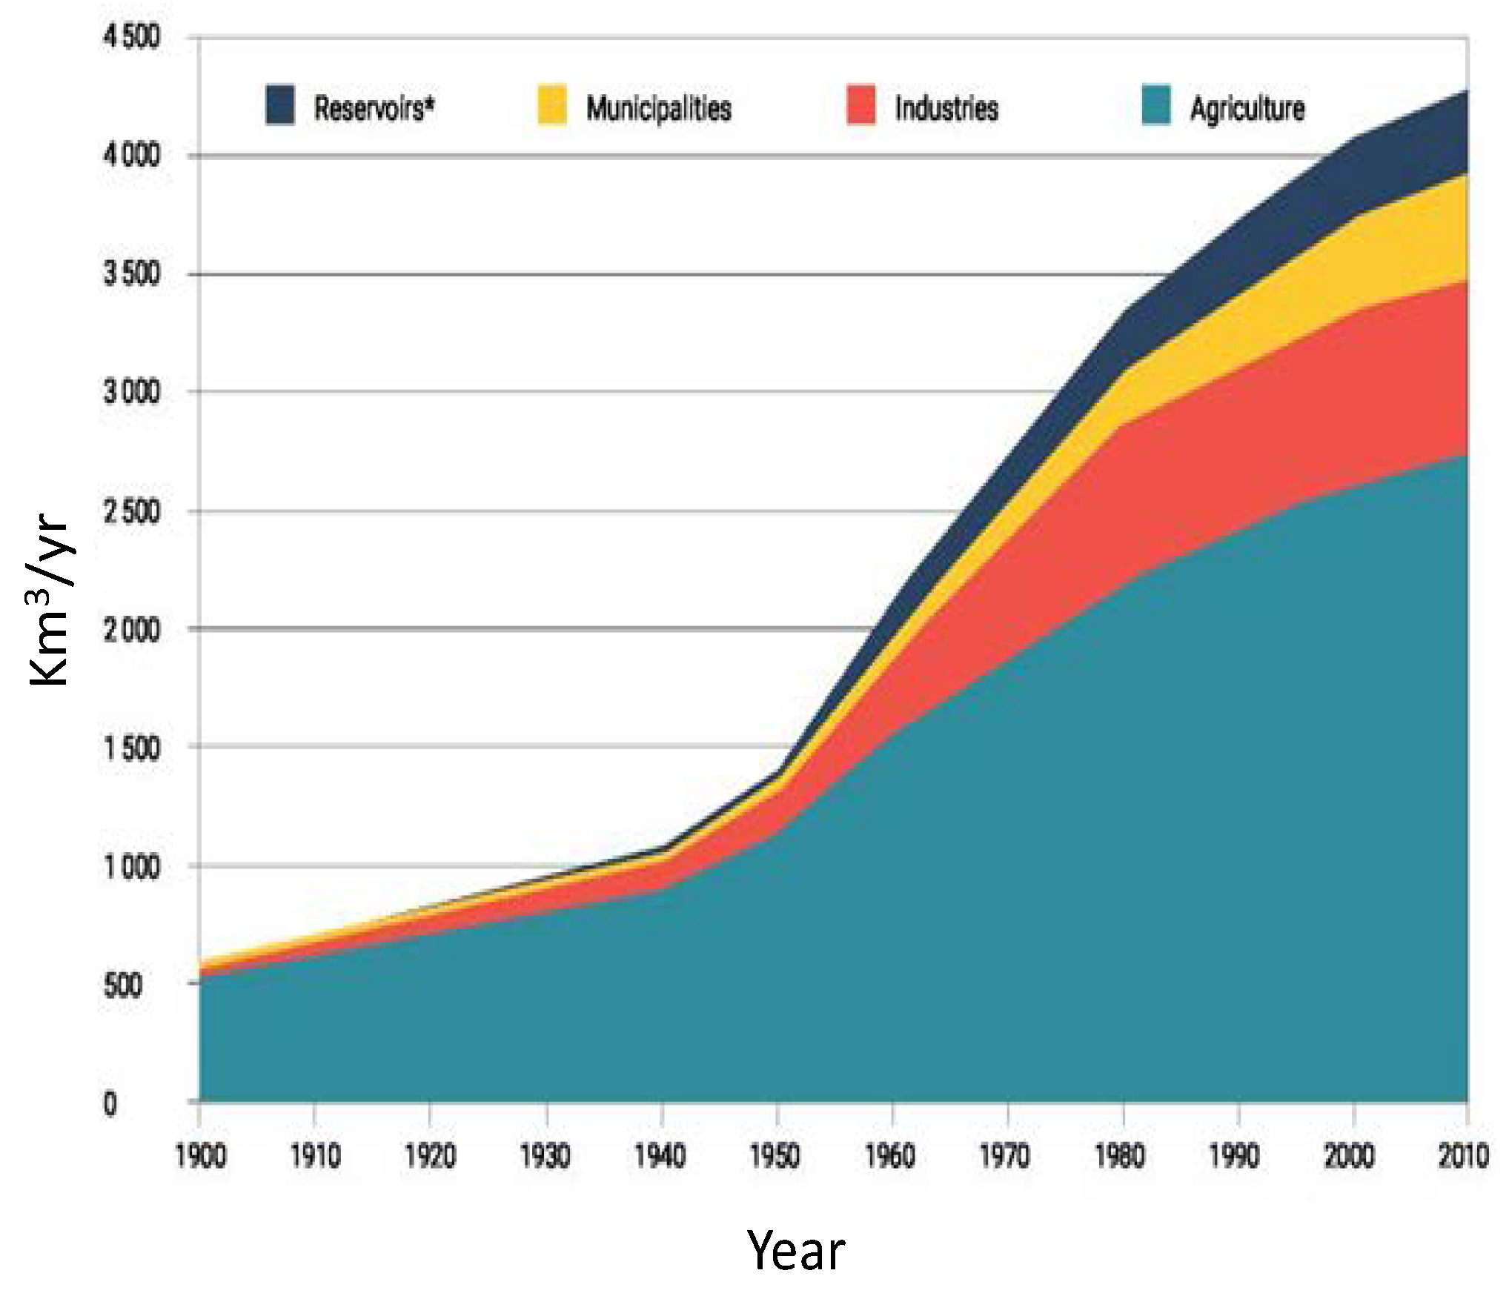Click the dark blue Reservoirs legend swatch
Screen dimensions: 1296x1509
(279, 105)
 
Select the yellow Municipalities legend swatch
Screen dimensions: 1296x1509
(551, 105)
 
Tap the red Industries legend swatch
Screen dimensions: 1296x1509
(860, 105)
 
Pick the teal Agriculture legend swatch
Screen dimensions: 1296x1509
(1155, 105)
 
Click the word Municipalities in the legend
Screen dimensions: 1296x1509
(658, 108)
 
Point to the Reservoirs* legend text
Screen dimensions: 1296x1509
(374, 108)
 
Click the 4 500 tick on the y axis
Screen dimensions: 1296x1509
(131, 36)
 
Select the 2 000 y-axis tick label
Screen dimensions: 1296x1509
(131, 630)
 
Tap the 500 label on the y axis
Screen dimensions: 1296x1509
(123, 986)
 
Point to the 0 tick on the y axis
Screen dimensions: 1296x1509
(110, 1104)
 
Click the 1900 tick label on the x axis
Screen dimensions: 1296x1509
(200, 1156)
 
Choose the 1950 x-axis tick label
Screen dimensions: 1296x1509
(775, 1156)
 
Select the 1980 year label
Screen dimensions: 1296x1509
(1121, 1156)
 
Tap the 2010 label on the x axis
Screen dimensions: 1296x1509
(1463, 1156)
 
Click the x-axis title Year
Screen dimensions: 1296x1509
(795, 1252)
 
